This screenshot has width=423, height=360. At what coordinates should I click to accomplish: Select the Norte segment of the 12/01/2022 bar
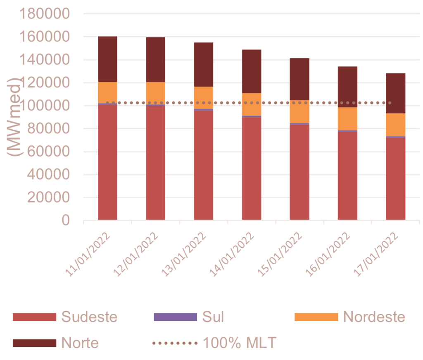[x=156, y=59]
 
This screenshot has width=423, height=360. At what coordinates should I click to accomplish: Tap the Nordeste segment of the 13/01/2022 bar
[x=204, y=97]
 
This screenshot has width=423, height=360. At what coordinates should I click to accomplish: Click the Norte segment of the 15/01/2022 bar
[x=299, y=79]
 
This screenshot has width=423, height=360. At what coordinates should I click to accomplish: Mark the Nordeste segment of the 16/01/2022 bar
[x=347, y=118]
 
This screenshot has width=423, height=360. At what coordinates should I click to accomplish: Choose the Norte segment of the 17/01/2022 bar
[x=396, y=93]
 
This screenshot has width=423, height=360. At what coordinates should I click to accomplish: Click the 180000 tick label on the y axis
[x=45, y=14]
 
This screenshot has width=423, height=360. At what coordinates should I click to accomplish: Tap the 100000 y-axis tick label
[x=45, y=106]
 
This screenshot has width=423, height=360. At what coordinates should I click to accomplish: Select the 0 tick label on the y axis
[x=65, y=221]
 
